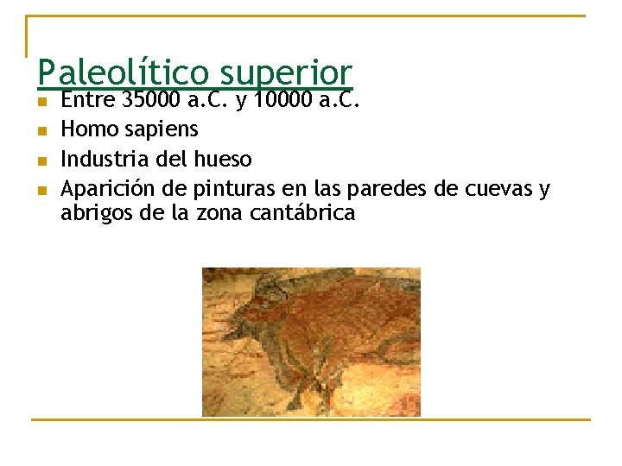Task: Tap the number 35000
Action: coord(152,100)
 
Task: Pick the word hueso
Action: coord(223,159)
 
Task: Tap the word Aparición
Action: coord(104,189)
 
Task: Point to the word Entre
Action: coord(89,100)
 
